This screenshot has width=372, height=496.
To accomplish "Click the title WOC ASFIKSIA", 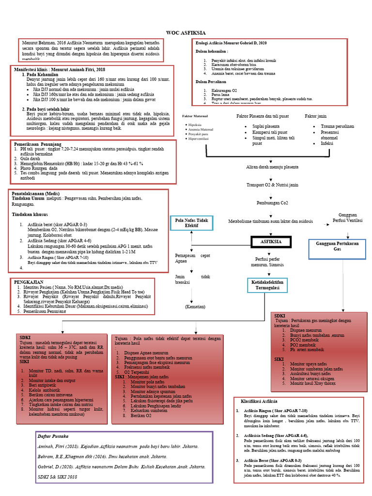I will point(186,33).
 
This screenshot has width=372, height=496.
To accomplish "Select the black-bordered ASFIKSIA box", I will point(271,241).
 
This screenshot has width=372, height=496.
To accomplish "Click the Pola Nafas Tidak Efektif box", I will point(191,223).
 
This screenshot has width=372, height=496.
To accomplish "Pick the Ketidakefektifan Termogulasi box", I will point(267,284).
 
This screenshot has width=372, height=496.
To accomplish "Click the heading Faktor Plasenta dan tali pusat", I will point(263,117).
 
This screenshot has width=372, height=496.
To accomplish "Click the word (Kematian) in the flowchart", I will point(195,307).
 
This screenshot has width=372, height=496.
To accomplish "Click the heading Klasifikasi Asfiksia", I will point(259,402).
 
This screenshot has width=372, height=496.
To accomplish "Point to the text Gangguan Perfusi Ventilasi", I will point(347,217).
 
